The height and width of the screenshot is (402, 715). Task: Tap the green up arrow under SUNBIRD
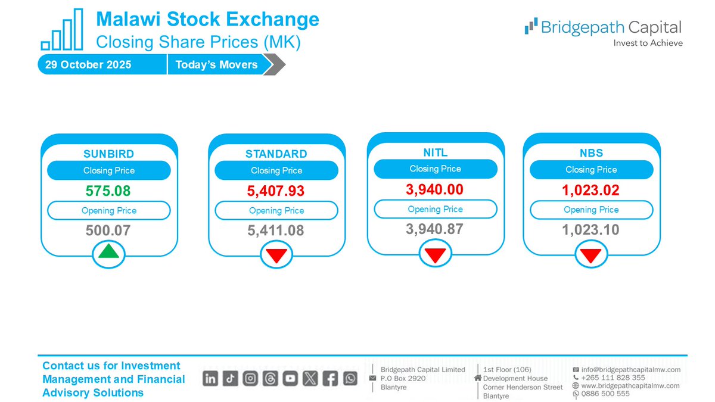[x=109, y=252]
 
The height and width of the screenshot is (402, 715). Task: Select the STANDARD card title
[x=276, y=154]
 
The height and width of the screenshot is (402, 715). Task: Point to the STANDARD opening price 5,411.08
[x=276, y=230]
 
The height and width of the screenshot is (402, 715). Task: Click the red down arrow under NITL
[x=436, y=254]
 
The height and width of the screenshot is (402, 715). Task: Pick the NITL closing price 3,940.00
[x=436, y=190]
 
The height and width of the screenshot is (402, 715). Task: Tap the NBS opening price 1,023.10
[x=591, y=230]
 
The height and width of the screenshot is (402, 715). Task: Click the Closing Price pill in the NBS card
[x=591, y=170]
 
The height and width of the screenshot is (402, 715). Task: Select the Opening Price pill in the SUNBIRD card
[x=109, y=211]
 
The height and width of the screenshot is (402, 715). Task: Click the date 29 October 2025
[x=88, y=65]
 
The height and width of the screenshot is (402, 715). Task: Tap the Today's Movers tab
[x=216, y=65]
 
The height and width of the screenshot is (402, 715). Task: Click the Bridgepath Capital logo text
[x=610, y=27]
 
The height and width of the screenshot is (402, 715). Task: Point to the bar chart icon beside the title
[x=62, y=30]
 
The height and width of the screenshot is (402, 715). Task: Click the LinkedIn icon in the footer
[x=210, y=378]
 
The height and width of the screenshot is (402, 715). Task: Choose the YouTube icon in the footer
[x=290, y=378]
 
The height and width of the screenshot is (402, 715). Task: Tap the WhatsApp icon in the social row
[x=350, y=378]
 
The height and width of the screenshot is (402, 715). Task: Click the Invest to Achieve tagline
[x=648, y=43]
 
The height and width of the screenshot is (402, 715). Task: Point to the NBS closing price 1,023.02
[x=591, y=191]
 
